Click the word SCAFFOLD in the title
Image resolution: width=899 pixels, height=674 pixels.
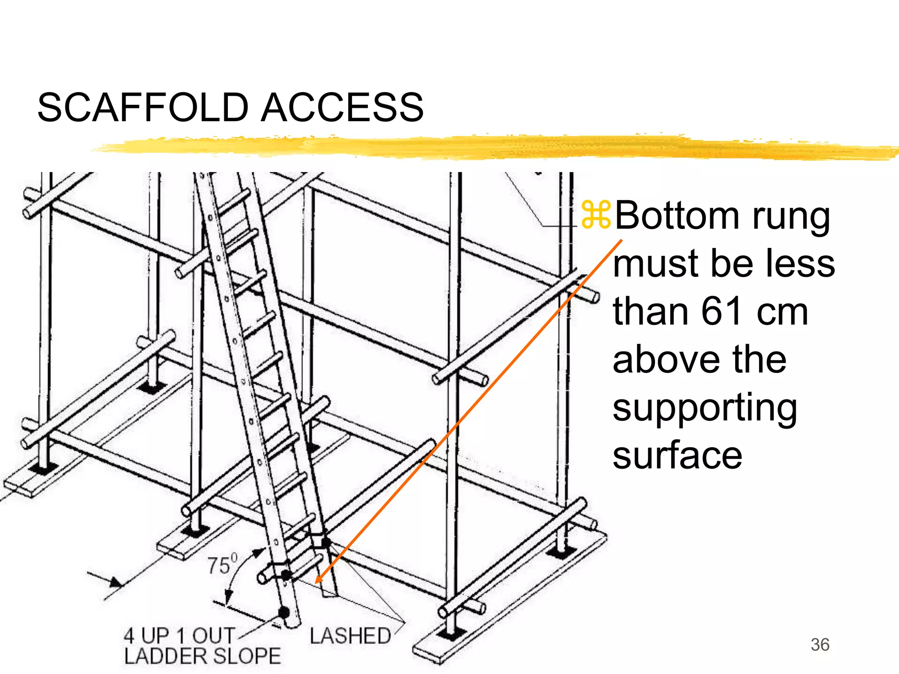[143, 108]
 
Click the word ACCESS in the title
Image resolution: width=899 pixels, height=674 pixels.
[342, 108]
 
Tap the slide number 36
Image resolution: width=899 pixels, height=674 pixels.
[820, 645]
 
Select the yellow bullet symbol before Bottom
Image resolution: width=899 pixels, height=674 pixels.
[596, 215]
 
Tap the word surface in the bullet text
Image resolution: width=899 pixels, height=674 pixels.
[677, 456]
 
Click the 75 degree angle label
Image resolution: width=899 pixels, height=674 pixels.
[222, 565]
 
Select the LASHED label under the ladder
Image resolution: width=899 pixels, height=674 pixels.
[350, 636]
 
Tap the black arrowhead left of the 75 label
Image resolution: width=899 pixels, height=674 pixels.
[116, 583]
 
